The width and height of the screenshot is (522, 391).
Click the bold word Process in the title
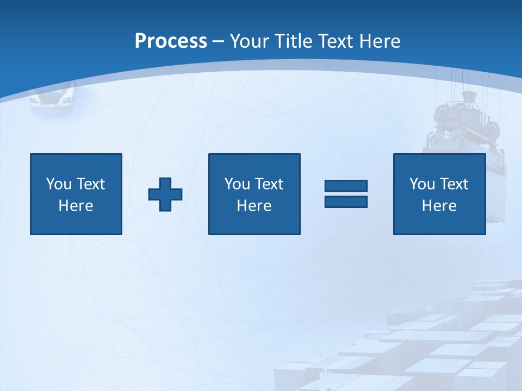click(x=171, y=41)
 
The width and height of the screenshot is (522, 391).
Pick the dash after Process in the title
click(x=219, y=42)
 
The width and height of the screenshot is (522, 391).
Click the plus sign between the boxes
click(x=165, y=194)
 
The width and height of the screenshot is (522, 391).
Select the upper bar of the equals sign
click(x=346, y=186)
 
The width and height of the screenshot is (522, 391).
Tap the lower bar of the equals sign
click(x=346, y=201)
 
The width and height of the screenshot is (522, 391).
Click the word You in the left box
click(x=59, y=184)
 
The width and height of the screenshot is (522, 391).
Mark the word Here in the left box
click(x=76, y=206)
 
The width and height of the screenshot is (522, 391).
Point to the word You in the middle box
click(x=237, y=184)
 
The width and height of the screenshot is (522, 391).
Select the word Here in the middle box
click(x=254, y=206)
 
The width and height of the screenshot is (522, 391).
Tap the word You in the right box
click(x=422, y=184)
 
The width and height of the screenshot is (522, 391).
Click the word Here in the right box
click(x=439, y=206)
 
